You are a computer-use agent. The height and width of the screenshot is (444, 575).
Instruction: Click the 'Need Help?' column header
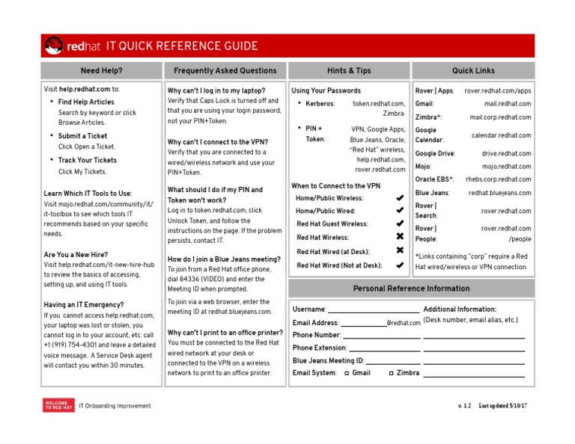tap(101, 71)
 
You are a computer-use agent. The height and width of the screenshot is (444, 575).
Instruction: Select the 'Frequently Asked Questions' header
tap(225, 71)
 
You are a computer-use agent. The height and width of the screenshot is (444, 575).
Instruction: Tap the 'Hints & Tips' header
tap(348, 71)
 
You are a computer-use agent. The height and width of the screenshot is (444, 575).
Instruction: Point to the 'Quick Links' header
tap(473, 71)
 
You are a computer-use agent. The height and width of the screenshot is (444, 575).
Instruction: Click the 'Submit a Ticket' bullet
tap(82, 136)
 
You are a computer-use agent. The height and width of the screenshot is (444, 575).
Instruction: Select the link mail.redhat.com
tap(507, 104)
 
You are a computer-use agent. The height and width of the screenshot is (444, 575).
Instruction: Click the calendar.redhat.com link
tap(501, 136)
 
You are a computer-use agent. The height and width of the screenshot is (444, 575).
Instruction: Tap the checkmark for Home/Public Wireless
tap(400, 198)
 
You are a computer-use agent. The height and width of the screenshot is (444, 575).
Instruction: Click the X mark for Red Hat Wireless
tap(400, 236)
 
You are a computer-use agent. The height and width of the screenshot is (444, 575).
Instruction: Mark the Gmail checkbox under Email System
tap(347, 372)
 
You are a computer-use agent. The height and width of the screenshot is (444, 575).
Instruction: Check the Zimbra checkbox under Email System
tap(391, 372)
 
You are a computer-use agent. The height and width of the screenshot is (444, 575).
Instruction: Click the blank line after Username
tap(374, 310)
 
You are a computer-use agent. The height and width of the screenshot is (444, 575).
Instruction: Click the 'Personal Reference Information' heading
tap(411, 289)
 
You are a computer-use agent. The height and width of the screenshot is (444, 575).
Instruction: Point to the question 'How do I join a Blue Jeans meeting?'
tap(224, 259)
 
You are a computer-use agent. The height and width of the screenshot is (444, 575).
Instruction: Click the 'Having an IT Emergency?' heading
tap(84, 305)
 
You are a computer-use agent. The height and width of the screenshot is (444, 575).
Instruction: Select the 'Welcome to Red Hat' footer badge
tap(58, 406)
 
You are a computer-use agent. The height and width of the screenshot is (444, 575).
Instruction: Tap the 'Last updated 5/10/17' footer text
tap(503, 406)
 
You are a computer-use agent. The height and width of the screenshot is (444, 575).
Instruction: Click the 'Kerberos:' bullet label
tap(320, 104)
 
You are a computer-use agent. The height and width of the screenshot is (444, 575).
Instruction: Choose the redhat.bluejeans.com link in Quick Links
tap(499, 193)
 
